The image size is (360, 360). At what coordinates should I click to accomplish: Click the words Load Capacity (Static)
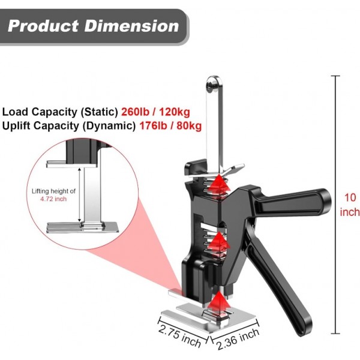click(60, 112)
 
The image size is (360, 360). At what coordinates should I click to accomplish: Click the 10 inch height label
click(350, 204)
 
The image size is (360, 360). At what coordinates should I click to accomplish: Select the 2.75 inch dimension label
click(178, 335)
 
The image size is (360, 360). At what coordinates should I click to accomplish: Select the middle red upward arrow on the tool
click(220, 243)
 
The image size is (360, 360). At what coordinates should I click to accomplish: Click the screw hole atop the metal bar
click(212, 86)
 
